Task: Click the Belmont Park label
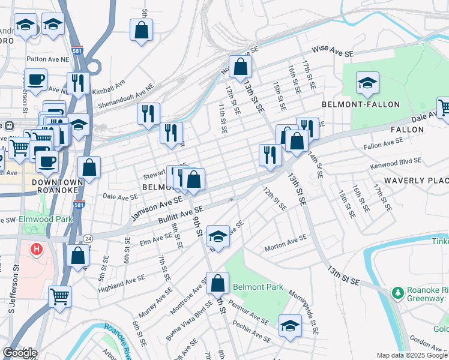(258, 287)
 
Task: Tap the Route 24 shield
(88, 238)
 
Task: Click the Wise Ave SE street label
(332, 53)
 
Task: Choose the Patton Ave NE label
(47, 59)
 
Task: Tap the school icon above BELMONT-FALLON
(367, 83)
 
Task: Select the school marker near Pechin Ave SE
(290, 326)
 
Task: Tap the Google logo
(20, 353)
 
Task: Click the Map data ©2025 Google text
(412, 355)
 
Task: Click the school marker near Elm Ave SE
(218, 236)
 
